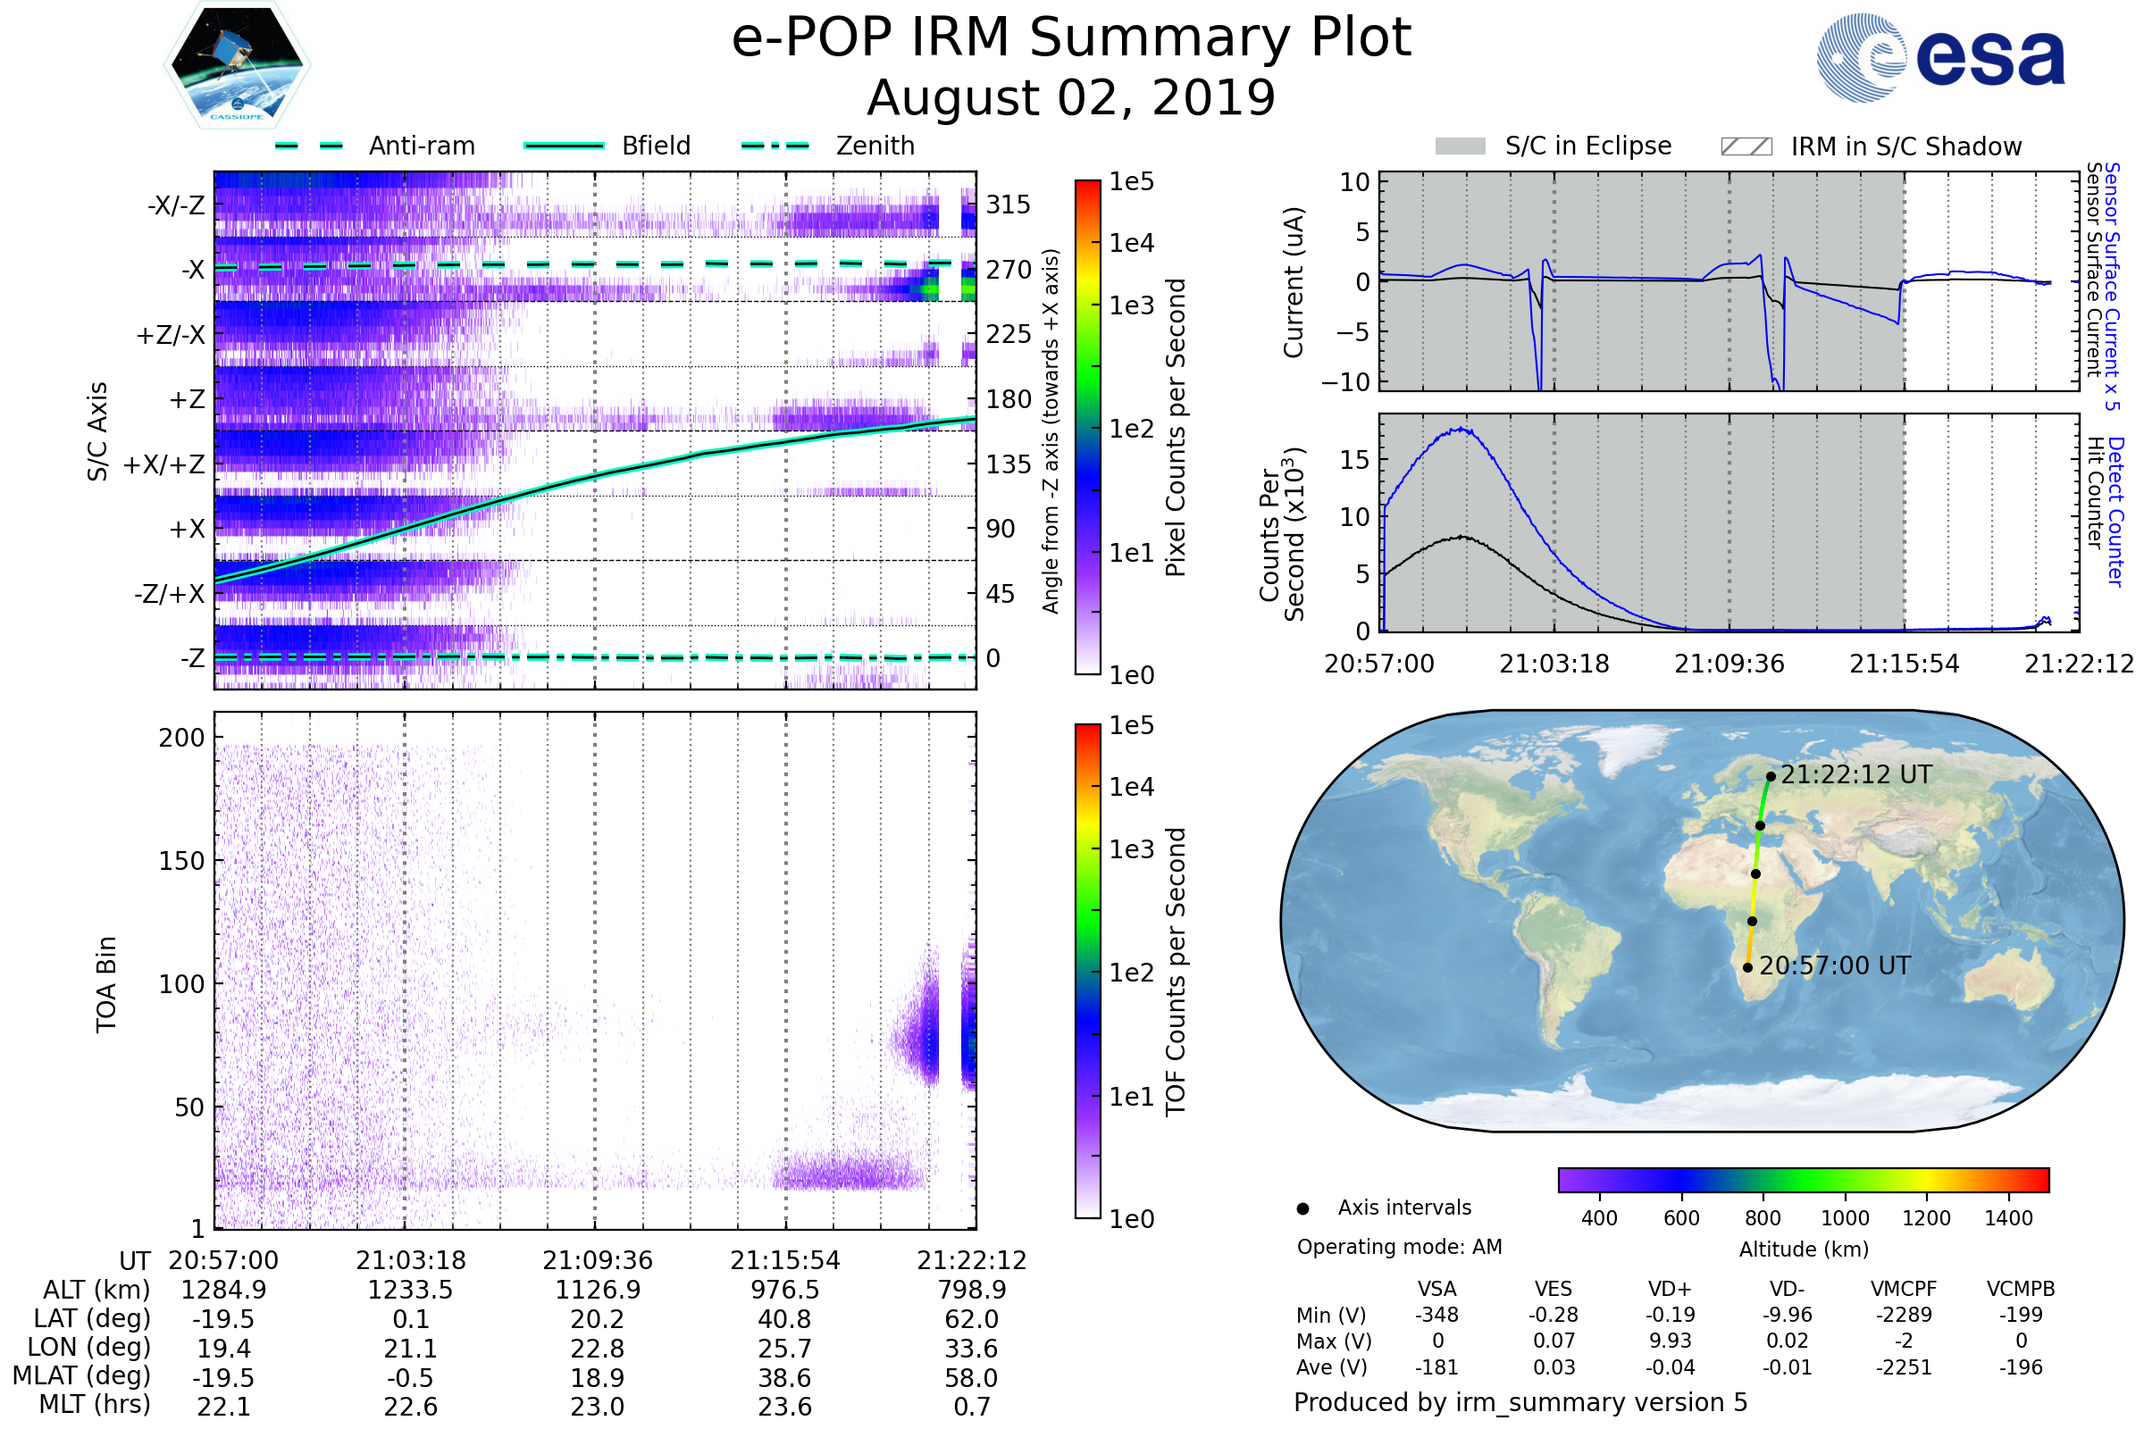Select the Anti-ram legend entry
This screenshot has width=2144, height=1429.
coord(421,146)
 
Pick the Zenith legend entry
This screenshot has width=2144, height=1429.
coord(875,146)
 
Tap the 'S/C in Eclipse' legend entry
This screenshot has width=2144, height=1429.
coord(1587,146)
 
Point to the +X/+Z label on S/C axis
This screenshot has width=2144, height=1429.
coord(164,464)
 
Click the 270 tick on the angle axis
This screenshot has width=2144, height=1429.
coord(1008,270)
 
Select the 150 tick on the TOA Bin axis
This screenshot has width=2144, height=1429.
coord(181,860)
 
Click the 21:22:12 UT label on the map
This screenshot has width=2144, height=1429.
coord(1856,774)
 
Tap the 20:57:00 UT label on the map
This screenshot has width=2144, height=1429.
coord(1834,966)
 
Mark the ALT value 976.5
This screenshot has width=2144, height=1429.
coord(785,1291)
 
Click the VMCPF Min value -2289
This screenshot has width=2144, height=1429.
coord(1904,1315)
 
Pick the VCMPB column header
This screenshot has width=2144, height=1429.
coord(2021,1290)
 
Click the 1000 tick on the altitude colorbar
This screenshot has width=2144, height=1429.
coord(1845,1218)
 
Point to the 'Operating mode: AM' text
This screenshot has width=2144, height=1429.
coord(1399,1247)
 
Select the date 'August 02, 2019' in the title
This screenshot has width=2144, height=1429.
coord(1071,97)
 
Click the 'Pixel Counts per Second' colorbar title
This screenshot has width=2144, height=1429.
coord(1176,428)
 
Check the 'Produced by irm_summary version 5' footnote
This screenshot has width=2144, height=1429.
coord(1520,1402)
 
